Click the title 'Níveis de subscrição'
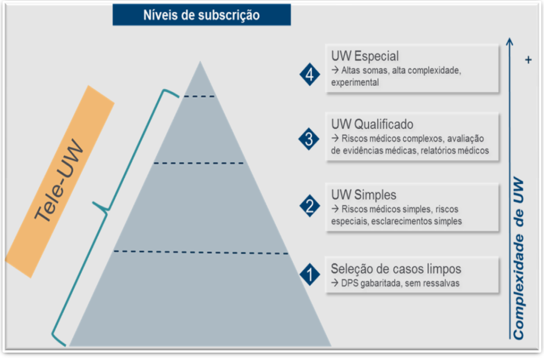point(201,15)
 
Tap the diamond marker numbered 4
point(310,74)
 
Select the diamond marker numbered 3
point(309,139)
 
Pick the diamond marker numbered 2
point(310,206)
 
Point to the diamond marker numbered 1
point(310,274)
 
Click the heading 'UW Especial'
point(365,56)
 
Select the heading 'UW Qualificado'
point(372,124)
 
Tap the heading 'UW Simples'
point(363,195)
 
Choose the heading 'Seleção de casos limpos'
point(396,269)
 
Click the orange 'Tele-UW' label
point(59,181)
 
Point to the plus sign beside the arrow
point(528,60)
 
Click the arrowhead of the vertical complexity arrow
point(509,41)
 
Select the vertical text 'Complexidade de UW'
point(519,258)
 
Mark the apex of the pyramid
point(200,61)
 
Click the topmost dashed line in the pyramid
point(199,96)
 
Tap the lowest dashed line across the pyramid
point(201,252)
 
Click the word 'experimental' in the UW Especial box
point(355,83)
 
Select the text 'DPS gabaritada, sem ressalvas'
point(400,283)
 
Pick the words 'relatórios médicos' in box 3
point(455,151)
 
